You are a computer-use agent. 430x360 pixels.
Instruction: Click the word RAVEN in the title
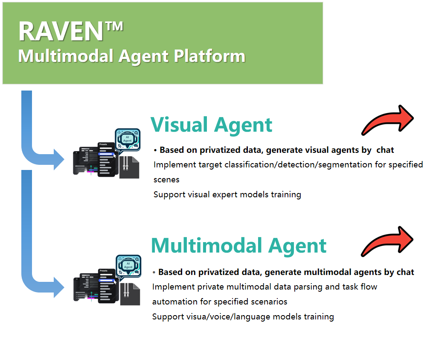[61, 31]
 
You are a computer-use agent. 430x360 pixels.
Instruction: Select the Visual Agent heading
[211, 124]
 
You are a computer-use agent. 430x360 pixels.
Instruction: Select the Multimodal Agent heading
[238, 246]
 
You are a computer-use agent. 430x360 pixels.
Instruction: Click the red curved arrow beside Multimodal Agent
[387, 241]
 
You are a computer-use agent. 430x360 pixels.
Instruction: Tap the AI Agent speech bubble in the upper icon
[128, 138]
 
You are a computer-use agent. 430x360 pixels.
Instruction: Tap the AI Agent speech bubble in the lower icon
[128, 265]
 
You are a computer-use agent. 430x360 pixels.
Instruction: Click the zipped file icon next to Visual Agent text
[128, 167]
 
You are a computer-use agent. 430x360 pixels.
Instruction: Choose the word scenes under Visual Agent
[166, 180]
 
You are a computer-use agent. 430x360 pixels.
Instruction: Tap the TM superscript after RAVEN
[114, 26]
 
